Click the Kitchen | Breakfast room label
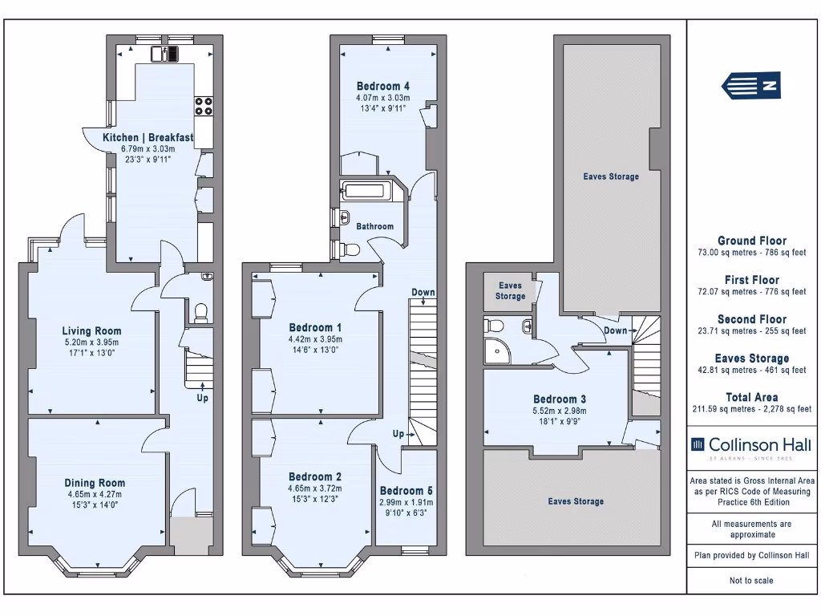(148, 138)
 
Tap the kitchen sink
(164, 54)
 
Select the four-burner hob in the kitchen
(204, 106)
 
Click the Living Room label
(92, 330)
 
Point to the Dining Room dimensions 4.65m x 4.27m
(95, 494)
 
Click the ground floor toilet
(201, 310)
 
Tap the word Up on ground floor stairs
(202, 397)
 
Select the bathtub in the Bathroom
(365, 191)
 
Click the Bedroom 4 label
(383, 87)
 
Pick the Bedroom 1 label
(315, 327)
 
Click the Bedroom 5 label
(406, 491)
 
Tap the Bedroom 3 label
(560, 399)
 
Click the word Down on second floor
(616, 330)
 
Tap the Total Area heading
(751, 397)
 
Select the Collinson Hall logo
(751, 445)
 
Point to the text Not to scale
(751, 581)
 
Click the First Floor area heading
(751, 280)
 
